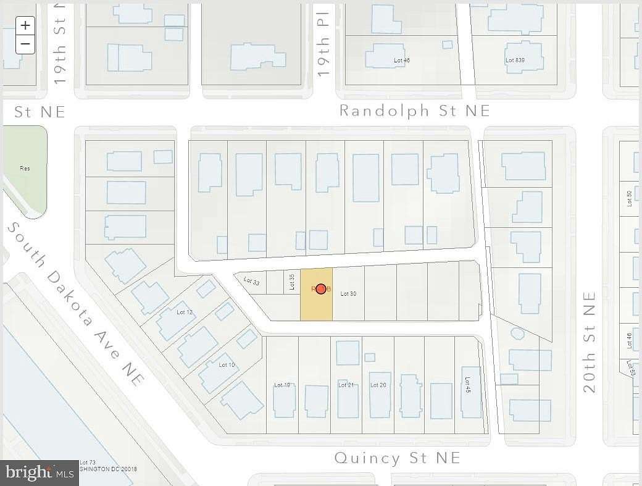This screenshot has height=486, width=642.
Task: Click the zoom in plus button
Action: [25, 25]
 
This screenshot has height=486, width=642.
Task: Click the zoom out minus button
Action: [25, 44]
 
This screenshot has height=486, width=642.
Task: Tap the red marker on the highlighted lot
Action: [320, 288]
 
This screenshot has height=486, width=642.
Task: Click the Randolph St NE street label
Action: [415, 111]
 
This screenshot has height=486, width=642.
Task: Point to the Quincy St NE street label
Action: [397, 458]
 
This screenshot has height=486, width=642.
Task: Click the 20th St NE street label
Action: [590, 341]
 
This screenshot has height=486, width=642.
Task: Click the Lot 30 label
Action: [348, 293]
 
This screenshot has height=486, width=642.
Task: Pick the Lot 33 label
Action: [252, 281]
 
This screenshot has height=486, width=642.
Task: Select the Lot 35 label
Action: [292, 282]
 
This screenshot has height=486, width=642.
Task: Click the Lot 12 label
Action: [185, 312]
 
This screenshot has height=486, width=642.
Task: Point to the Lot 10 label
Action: [227, 365]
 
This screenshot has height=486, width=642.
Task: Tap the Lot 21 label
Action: [346, 385]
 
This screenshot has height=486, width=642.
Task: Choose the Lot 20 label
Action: [378, 385]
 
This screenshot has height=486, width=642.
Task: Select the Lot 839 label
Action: [515, 60]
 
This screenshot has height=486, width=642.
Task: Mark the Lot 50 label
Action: [629, 198]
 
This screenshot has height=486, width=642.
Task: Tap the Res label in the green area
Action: [25, 168]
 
